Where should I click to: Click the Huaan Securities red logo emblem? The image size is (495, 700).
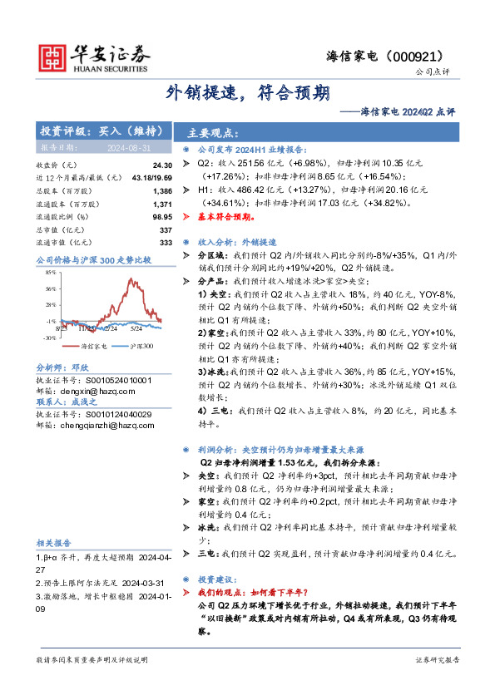(x=55, y=55)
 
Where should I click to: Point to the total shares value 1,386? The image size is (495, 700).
(x=162, y=191)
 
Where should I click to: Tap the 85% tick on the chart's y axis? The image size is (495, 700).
(x=50, y=272)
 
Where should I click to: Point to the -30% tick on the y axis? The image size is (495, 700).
(x=49, y=338)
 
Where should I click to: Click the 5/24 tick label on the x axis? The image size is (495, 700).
(x=135, y=327)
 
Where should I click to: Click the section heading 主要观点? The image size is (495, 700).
(x=213, y=133)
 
